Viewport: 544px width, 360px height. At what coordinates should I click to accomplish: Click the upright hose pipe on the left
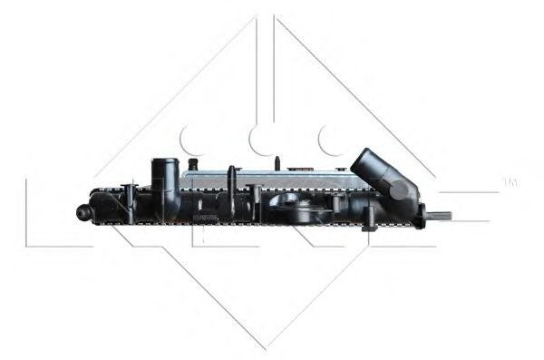164,181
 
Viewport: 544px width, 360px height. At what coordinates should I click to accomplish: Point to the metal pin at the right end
440,216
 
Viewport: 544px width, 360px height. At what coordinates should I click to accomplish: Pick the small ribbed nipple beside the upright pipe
192,165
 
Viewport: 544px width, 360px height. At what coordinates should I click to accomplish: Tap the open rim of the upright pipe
164,161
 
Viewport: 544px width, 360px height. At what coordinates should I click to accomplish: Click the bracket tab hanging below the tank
369,220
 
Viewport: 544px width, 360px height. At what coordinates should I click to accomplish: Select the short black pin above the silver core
278,164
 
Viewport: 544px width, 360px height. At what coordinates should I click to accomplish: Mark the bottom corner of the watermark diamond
266,347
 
